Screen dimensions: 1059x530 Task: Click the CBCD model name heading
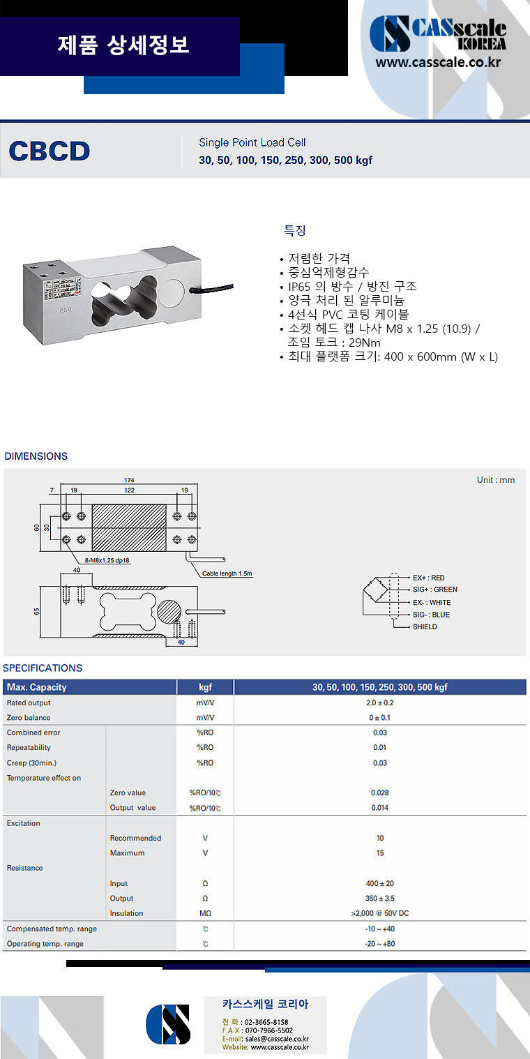click(x=50, y=151)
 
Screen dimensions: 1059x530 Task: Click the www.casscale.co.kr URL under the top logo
click(x=439, y=62)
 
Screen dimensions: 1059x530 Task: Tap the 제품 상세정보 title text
click(x=123, y=45)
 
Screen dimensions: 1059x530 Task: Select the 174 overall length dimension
click(x=129, y=480)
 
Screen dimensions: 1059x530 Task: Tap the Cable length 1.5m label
click(x=227, y=573)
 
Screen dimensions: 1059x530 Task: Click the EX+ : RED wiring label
click(x=428, y=578)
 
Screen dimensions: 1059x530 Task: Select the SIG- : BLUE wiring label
click(x=431, y=615)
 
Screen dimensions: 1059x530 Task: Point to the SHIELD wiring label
click(x=425, y=626)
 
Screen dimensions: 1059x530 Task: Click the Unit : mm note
click(x=496, y=480)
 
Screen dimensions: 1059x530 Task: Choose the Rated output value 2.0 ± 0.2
click(x=379, y=703)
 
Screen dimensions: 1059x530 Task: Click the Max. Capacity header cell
click(x=36, y=687)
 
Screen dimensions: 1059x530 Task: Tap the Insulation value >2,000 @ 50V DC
click(x=379, y=913)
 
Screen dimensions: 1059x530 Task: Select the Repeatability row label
click(x=31, y=747)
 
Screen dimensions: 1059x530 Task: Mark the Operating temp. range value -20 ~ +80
click(x=379, y=944)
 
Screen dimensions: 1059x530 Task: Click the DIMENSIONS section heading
click(x=36, y=456)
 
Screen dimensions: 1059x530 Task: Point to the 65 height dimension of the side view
click(x=37, y=611)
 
